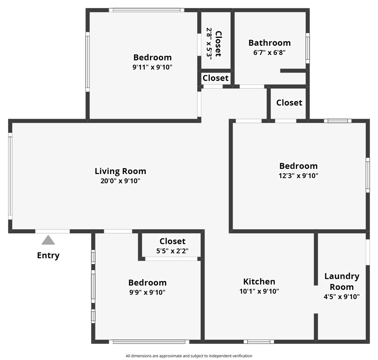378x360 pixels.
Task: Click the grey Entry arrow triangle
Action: point(48,240)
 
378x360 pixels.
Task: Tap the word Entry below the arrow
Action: point(48,255)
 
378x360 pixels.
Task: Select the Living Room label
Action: point(120,171)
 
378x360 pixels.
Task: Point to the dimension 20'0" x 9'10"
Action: point(120,181)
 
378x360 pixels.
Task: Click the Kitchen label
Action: point(259,281)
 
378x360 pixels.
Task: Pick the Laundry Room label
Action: point(342,281)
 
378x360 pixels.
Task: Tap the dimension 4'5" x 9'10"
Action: point(342,297)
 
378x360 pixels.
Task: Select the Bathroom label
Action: point(269,43)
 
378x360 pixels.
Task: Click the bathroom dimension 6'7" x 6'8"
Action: point(269,52)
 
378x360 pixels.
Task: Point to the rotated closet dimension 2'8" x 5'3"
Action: point(209,43)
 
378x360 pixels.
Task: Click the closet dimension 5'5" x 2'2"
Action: point(172,251)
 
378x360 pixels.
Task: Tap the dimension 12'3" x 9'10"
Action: point(298,176)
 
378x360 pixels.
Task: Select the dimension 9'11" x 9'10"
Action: point(152,67)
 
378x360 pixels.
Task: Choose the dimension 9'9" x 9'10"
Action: point(147,292)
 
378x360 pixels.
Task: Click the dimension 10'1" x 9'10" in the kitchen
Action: point(259,291)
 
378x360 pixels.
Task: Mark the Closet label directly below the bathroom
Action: point(289,102)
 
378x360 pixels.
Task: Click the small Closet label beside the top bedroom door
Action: point(216,78)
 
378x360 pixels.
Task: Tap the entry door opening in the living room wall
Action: point(52,231)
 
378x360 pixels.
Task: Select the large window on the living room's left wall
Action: point(10,176)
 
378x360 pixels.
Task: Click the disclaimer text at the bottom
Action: point(189,356)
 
